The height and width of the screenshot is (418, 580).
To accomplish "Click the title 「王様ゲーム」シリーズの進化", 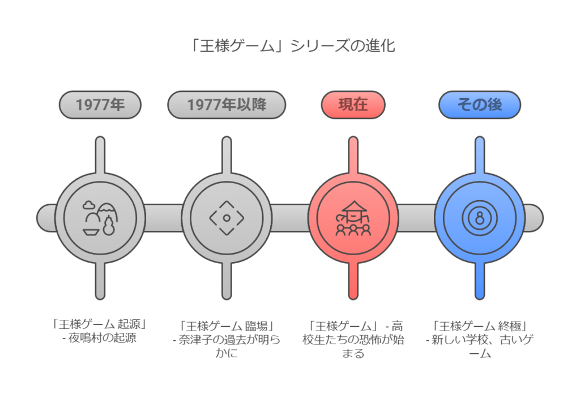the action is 292,46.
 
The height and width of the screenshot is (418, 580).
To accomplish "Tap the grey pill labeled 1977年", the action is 100,105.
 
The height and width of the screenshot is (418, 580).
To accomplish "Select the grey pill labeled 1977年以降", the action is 227,105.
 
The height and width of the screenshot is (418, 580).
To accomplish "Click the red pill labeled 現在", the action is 353,105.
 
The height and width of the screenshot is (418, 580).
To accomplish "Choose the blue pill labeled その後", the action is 480,105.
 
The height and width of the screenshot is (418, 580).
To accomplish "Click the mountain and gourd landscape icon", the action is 100,218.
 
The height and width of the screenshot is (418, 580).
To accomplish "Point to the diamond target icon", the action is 227,218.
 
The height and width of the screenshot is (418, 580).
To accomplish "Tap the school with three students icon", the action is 353,218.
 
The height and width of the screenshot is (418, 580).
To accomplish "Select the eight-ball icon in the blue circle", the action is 480,218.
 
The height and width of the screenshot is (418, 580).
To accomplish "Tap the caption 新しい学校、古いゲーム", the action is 480,346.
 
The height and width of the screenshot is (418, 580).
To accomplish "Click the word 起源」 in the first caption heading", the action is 133,324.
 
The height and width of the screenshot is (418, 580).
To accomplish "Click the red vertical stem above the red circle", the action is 353,155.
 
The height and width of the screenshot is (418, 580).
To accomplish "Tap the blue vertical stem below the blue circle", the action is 480,281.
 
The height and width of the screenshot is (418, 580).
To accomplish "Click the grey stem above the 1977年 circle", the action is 100,155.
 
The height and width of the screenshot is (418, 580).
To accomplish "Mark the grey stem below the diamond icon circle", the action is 227,281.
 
